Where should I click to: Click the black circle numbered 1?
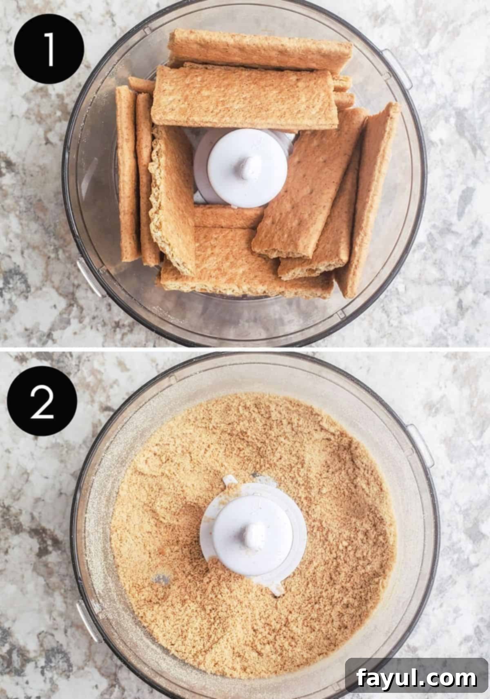point(49,49)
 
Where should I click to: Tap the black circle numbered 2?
point(42,401)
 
